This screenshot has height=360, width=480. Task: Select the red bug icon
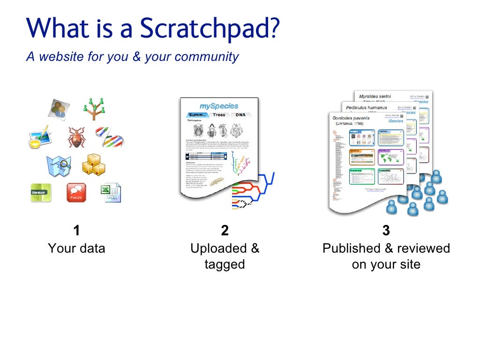coord(75,137)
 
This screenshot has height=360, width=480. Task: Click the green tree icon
coord(94,109)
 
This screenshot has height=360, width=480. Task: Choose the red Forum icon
coord(76,192)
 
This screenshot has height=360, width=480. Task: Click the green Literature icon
coord(41,192)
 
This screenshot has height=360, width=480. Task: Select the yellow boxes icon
coord(93,165)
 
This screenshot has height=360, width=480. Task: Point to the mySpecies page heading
coord(218,106)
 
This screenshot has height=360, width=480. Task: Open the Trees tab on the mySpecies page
coord(219,115)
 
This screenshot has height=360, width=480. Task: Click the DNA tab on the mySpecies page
coord(240,115)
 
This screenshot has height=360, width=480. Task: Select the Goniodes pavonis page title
coord(352,118)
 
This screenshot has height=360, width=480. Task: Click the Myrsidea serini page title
coord(375,97)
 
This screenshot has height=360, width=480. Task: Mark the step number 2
coord(225,230)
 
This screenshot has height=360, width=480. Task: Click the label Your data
coord(76,248)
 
